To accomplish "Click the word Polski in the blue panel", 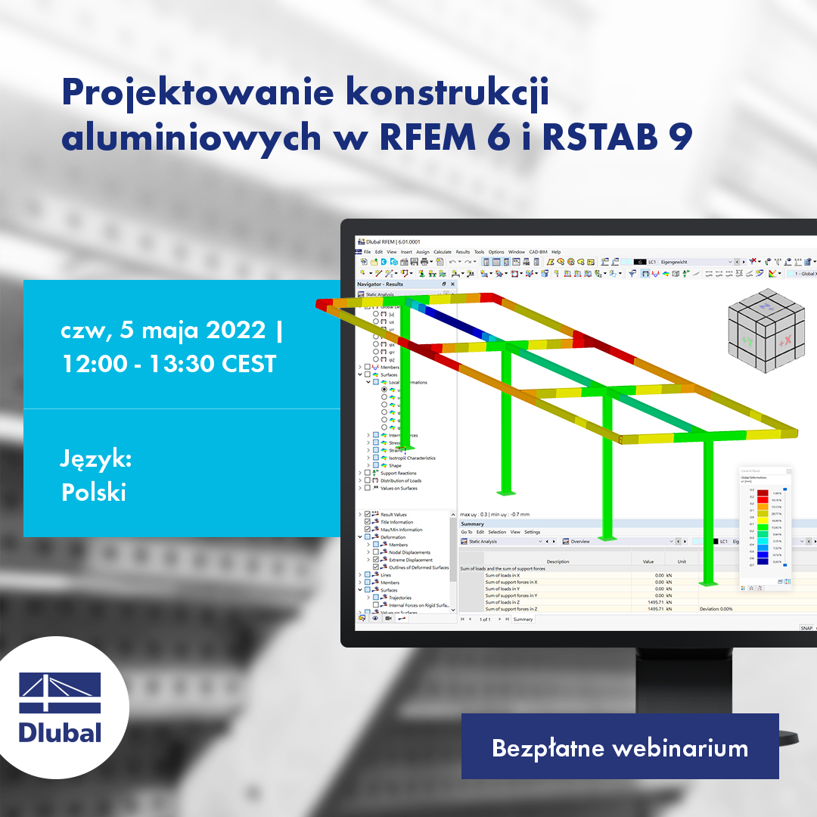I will tap(93, 492).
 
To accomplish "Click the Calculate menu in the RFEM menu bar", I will tap(443, 252).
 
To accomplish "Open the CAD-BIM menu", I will tap(538, 252).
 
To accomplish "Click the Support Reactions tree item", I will tap(398, 473).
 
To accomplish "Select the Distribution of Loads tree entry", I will tap(401, 480).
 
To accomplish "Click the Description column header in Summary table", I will tap(558, 561).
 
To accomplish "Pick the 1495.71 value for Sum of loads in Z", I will tap(648, 602).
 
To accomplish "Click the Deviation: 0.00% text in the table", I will tap(716, 609).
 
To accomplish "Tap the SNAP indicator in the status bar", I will tap(807, 628).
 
